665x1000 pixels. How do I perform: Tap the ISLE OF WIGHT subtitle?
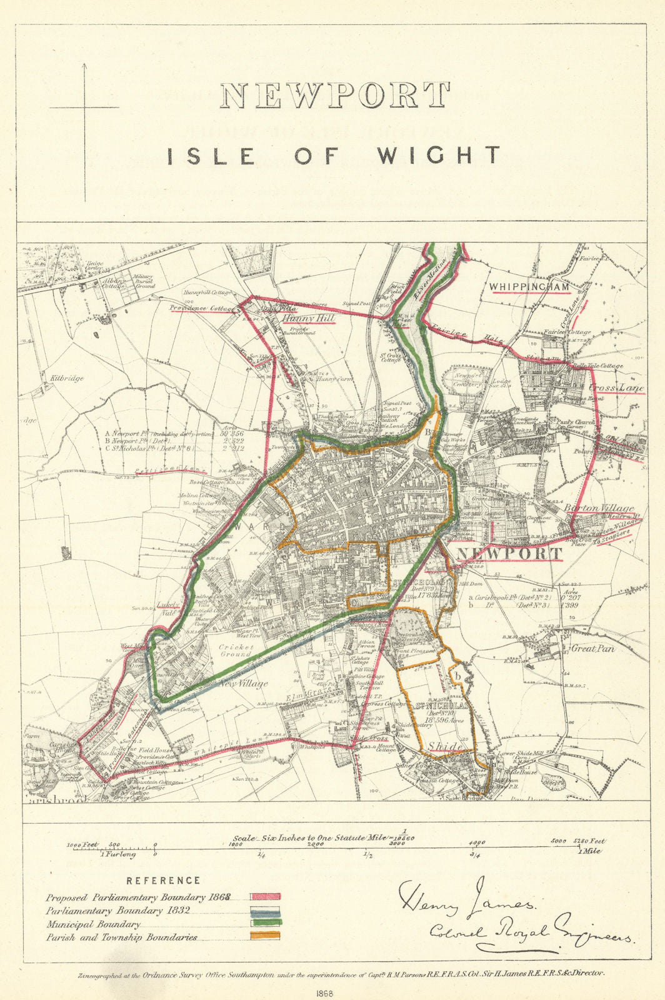pos(334,155)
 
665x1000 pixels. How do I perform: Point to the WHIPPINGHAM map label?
pos(529,287)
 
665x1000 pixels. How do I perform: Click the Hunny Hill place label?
pos(309,319)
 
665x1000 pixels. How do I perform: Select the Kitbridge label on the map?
pos(64,378)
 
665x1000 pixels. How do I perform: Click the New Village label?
pos(243,683)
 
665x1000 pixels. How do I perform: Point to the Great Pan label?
pos(592,649)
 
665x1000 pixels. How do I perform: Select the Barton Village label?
pos(599,509)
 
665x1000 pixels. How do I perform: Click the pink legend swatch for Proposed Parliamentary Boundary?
pos(265,897)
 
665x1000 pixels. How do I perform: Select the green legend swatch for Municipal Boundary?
pos(265,923)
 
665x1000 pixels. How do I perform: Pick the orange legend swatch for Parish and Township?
pos(265,936)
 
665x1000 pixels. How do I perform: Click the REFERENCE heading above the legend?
pos(163,881)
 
